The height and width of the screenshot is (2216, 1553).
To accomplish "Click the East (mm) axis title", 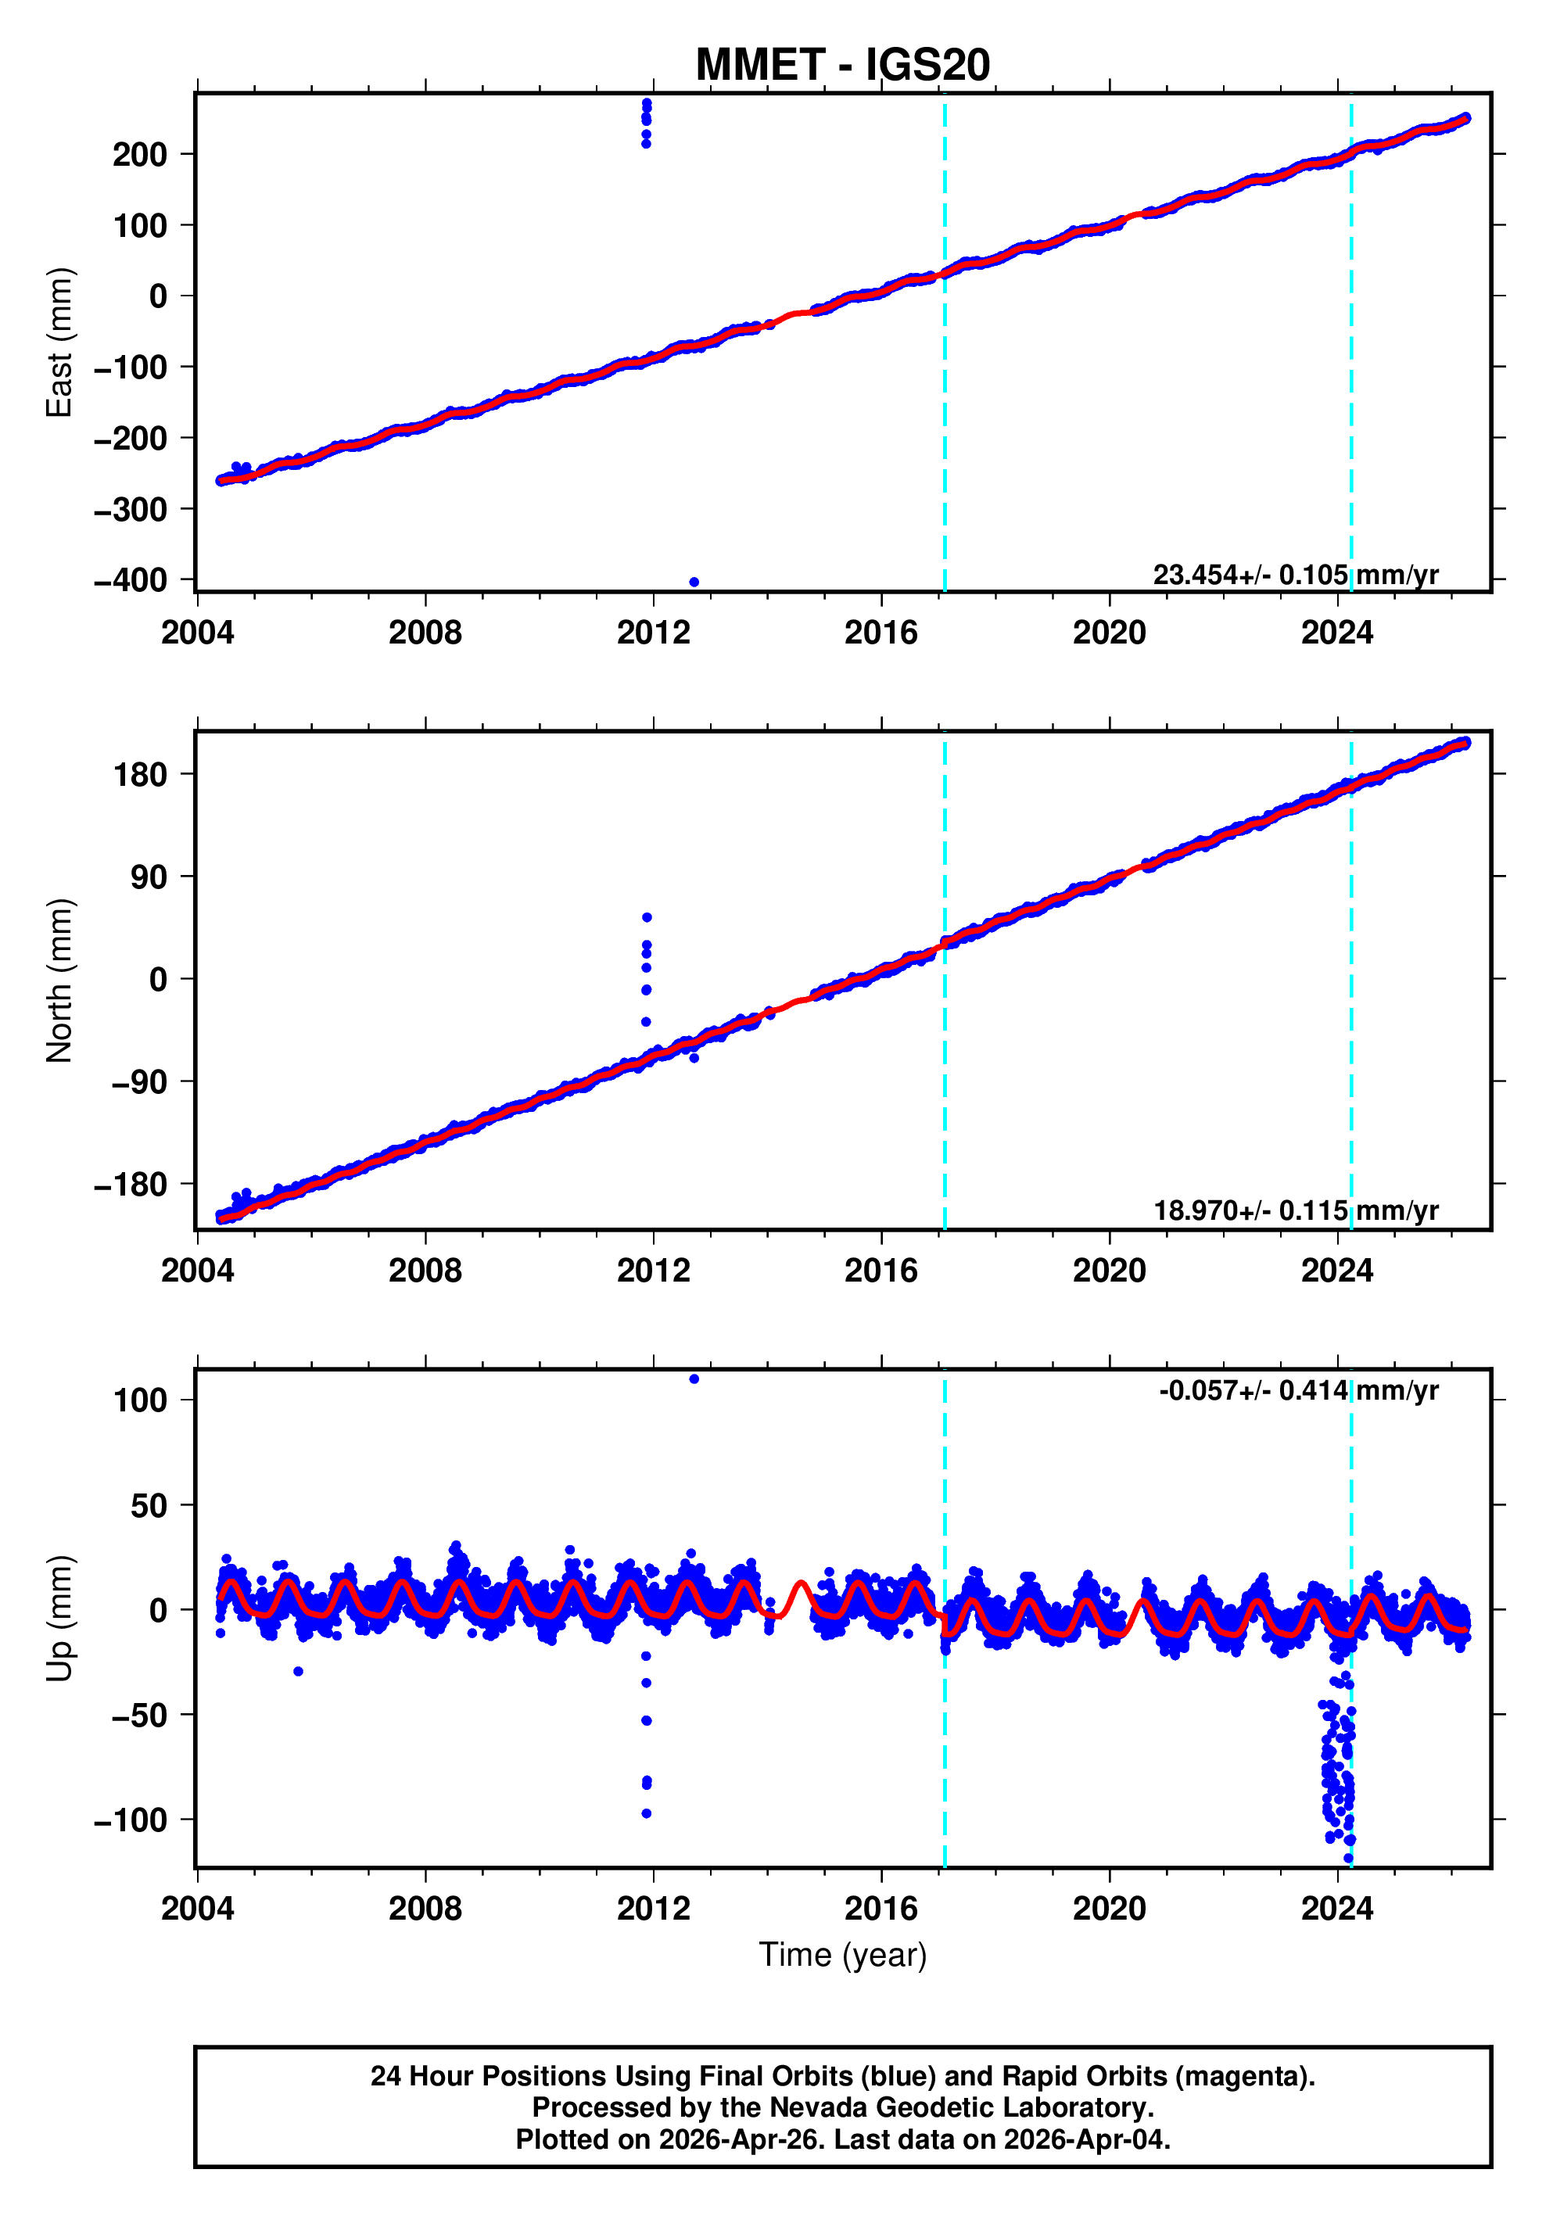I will [x=60, y=342].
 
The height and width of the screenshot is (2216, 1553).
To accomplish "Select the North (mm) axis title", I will [x=60, y=981].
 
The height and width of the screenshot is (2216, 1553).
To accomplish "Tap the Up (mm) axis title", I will [x=60, y=1619].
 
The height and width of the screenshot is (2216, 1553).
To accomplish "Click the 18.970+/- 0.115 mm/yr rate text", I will [x=1295, y=1210].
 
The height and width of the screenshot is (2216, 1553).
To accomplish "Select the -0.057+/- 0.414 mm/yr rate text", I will [x=1298, y=1391].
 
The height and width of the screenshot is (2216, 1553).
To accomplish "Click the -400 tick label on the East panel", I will [x=131, y=581].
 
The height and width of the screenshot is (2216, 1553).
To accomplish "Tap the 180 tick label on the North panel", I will [x=140, y=775].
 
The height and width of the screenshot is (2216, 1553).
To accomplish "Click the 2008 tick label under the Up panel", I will [x=425, y=1909].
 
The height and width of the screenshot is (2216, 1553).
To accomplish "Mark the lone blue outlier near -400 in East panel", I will [x=694, y=582].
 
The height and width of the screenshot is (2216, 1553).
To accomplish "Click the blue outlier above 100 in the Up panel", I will [x=694, y=1379].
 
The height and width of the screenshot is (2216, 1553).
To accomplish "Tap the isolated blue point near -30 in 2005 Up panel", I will [x=298, y=1672].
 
